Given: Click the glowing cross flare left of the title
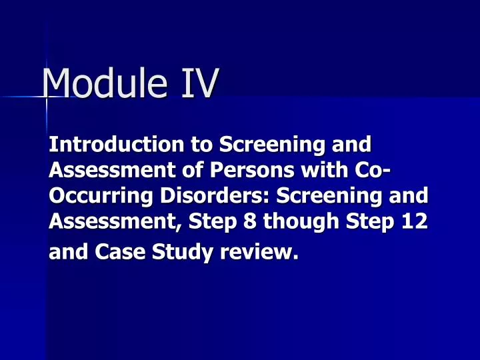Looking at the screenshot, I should (x=47, y=97).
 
